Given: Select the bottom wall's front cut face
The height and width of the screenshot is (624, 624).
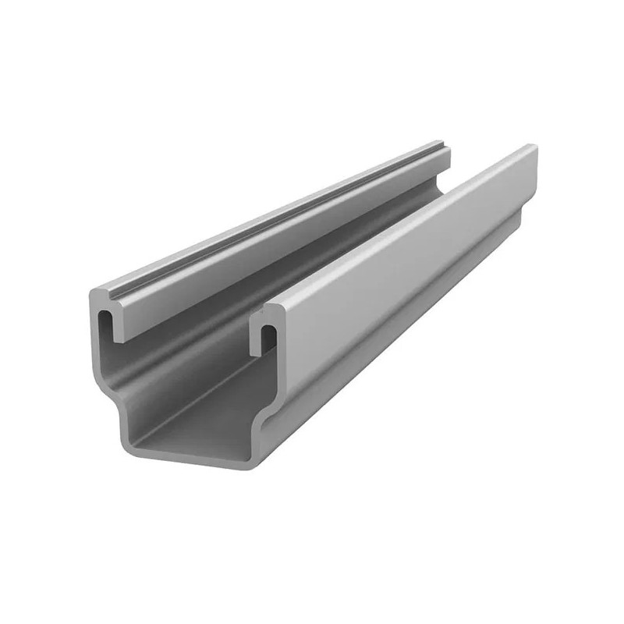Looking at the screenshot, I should (x=195, y=460).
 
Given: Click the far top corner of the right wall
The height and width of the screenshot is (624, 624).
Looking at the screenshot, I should (x=534, y=147).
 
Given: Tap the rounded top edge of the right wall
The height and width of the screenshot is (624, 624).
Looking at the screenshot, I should (x=390, y=222).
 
